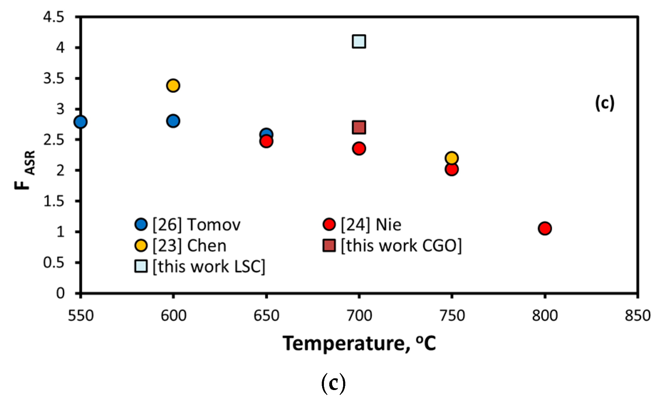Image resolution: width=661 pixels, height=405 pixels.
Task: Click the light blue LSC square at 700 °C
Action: [359, 41]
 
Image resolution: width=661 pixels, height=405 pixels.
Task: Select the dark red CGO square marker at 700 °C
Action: [359, 127]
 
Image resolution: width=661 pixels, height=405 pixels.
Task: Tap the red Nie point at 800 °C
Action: [545, 228]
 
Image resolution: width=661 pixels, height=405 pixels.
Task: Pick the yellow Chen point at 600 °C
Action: [173, 85]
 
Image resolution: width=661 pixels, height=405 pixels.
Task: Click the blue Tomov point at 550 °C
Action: [80, 122]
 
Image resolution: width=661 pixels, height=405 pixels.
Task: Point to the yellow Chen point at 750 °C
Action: [451, 158]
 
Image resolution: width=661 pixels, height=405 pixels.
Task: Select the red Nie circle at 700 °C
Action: [359, 148]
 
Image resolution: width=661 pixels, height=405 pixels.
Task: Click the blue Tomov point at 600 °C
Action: [173, 121]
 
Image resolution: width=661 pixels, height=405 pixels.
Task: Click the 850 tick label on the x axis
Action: [638, 316]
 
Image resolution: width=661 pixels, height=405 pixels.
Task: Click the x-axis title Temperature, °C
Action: [359, 343]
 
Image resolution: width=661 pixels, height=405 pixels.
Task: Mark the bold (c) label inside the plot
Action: [604, 103]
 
